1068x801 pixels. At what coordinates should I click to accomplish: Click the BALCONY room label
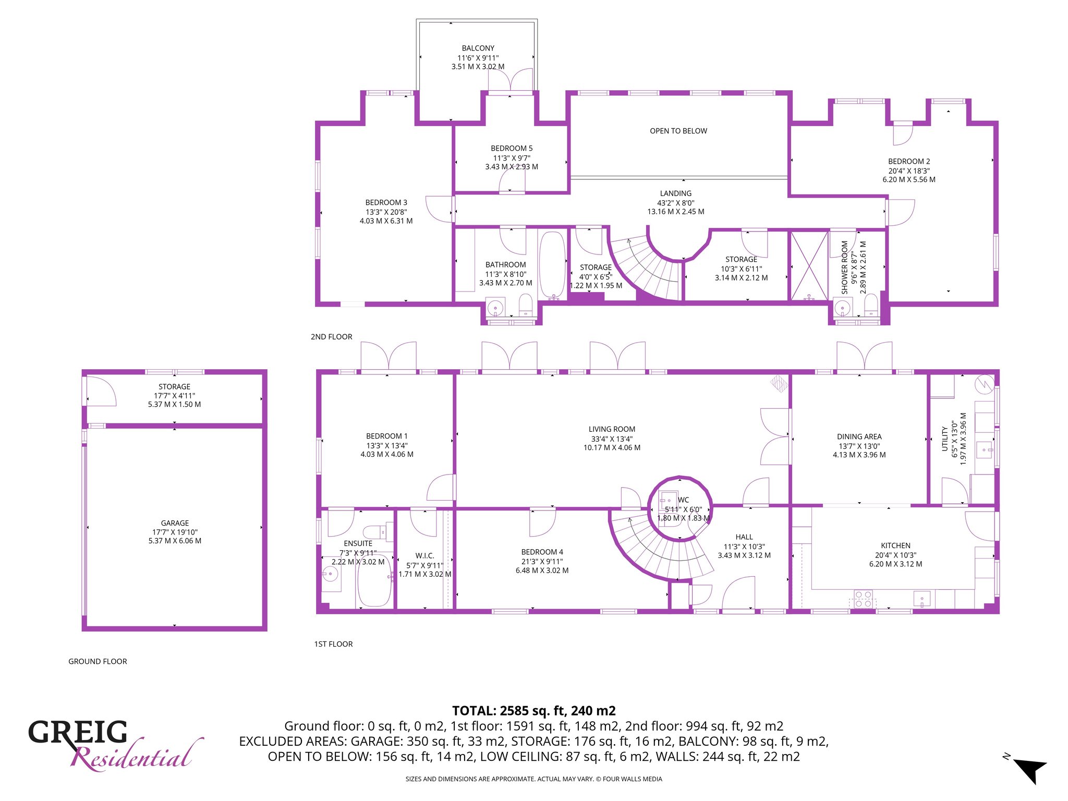click(478, 48)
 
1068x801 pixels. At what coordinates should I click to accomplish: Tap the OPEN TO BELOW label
click(678, 131)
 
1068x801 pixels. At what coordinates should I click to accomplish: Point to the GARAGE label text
click(175, 523)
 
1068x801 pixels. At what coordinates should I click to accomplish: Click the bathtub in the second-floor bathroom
click(552, 265)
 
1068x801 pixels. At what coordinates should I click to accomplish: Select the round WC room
click(679, 508)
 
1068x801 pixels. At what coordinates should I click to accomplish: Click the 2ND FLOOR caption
click(332, 337)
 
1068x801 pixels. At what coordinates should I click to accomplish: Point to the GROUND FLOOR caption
click(98, 661)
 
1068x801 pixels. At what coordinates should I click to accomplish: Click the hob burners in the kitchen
click(863, 599)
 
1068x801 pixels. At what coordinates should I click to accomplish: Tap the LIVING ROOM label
click(612, 429)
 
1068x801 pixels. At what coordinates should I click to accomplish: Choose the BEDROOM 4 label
click(542, 552)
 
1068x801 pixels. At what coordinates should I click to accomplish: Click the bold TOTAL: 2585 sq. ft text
click(534, 711)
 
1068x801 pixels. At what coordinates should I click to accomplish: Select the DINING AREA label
click(859, 436)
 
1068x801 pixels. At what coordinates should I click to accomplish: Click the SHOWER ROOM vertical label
click(844, 267)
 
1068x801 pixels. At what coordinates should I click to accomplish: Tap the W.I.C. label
click(425, 556)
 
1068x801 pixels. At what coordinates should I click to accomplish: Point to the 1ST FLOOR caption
click(333, 644)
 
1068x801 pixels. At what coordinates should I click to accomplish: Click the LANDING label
click(676, 193)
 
